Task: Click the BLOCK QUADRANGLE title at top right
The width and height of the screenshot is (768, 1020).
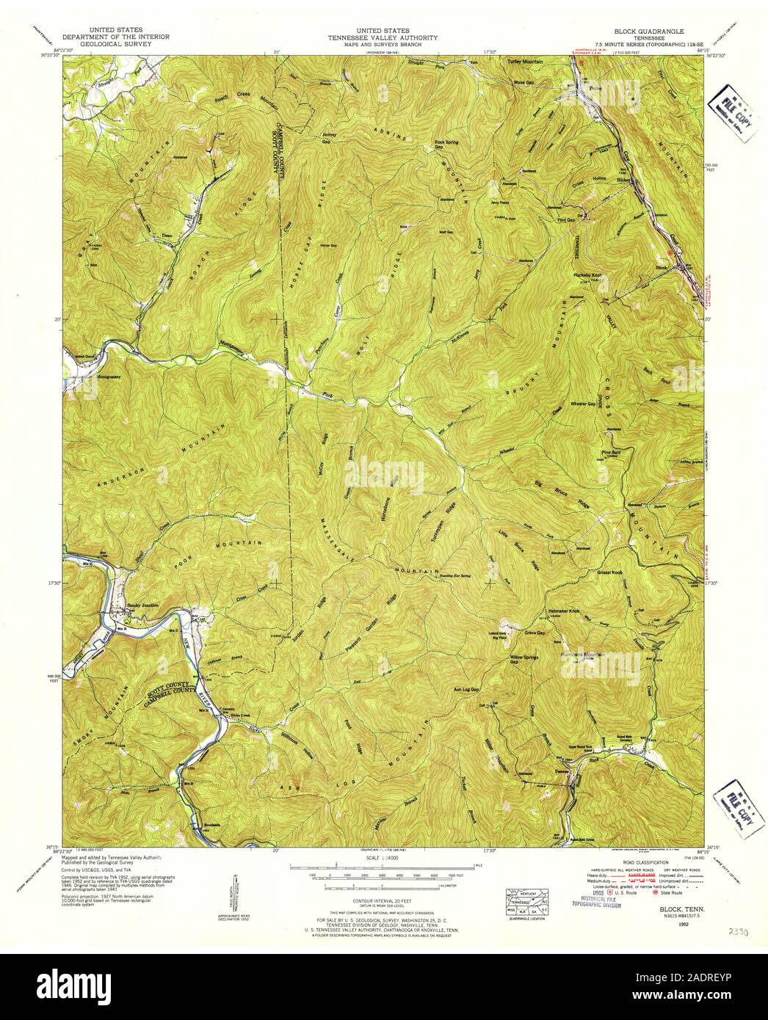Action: tap(649, 33)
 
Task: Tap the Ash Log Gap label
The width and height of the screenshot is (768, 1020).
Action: tap(466, 690)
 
